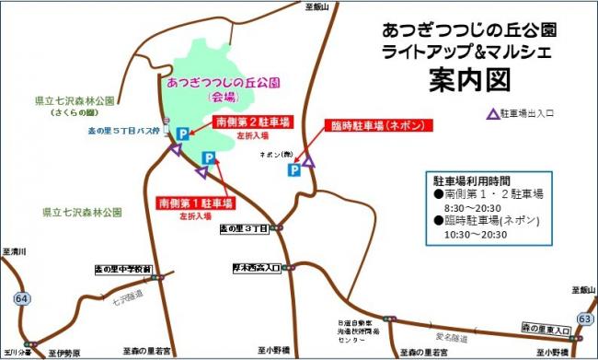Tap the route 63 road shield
[x=582, y=319]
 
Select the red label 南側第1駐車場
[x=195, y=203]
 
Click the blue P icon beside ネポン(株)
[x=293, y=168]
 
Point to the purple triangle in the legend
[x=494, y=115]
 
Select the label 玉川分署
[x=17, y=351]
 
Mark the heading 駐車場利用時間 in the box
[x=470, y=180]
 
